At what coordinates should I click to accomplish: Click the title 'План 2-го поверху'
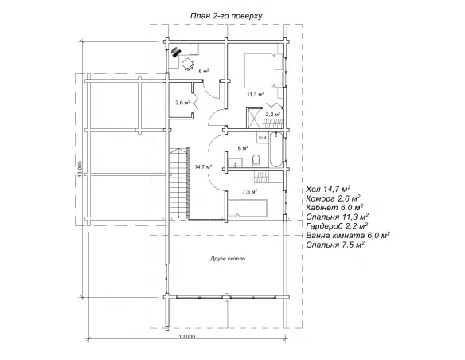226,16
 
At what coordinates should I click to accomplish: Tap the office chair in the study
187,64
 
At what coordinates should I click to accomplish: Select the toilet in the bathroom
256,161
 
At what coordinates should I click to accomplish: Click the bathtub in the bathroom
275,150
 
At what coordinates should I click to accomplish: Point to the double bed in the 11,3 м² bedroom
260,71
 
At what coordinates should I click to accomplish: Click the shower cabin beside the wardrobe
253,117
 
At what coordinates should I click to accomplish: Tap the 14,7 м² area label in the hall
203,167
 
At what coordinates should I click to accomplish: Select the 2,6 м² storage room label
182,103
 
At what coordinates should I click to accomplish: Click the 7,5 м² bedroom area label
249,191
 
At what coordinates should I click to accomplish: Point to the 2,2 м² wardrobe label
273,114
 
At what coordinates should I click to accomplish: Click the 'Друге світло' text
228,259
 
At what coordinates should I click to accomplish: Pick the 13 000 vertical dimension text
79,170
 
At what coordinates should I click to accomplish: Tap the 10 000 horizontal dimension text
187,336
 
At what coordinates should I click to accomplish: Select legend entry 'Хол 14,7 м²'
328,189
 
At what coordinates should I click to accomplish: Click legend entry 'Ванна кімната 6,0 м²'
348,236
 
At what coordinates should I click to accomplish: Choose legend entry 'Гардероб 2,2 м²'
335,226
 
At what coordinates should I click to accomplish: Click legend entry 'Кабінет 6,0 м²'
334,207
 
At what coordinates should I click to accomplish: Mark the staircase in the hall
179,184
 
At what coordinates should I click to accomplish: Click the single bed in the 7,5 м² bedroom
248,208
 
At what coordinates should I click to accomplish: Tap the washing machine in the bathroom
263,138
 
